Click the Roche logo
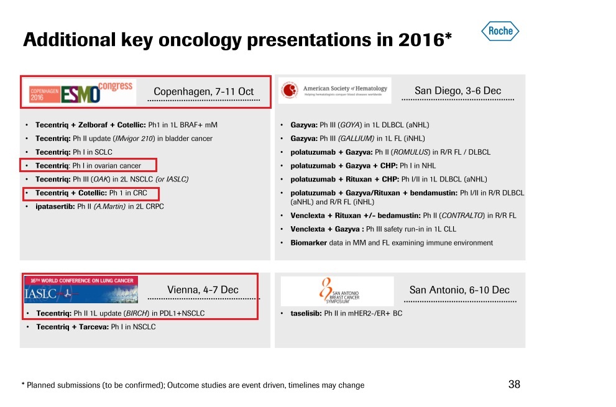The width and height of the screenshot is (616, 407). tap(500, 31)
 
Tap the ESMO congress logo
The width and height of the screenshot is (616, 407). tap(81, 92)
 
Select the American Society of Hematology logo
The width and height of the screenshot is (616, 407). tap(334, 91)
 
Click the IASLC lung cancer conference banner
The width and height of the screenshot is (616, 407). tap(81, 290)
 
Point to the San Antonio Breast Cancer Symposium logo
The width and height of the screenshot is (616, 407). tap(336, 291)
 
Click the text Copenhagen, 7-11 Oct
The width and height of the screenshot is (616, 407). tap(203, 91)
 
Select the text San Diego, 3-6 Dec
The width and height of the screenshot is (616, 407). tap(457, 91)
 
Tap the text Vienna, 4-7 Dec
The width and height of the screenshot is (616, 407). tap(203, 290)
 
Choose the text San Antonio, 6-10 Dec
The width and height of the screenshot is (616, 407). tap(459, 290)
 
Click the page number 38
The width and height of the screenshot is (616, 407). tap(514, 385)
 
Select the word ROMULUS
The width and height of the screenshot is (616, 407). tap(410, 152)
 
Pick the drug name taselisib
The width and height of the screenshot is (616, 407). tap(305, 313)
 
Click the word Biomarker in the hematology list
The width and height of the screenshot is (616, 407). tap(308, 243)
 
